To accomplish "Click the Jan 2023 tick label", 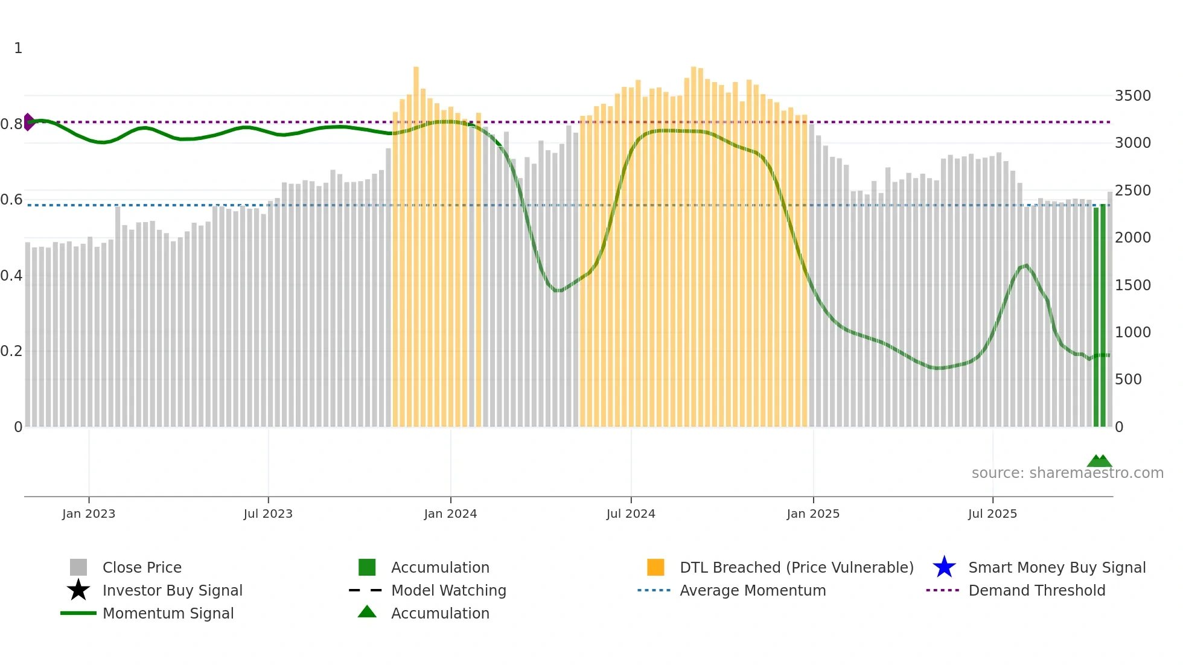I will (89, 514).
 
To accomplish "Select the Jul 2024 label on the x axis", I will (631, 514).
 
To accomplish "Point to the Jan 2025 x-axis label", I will (813, 514).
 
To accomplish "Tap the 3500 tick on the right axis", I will (1132, 96).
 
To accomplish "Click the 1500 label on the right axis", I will (1132, 285).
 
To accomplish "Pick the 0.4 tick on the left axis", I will (11, 276).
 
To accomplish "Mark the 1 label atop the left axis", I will (18, 48).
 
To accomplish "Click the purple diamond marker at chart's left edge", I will (28, 122).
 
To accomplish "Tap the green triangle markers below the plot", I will (1099, 461).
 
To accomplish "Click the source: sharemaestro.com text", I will (1067, 473).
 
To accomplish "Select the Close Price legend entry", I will (142, 567).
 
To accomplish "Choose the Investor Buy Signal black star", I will (78, 590).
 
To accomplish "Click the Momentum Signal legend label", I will (168, 613).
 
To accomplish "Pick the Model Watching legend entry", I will (448, 590).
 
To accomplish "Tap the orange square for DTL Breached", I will (655, 567).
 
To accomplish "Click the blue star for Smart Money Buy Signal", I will (944, 567).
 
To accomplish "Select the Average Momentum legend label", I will (753, 590).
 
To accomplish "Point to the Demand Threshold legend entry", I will (1036, 590).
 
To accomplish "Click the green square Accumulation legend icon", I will (367, 567).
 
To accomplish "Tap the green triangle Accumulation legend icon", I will (367, 612).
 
